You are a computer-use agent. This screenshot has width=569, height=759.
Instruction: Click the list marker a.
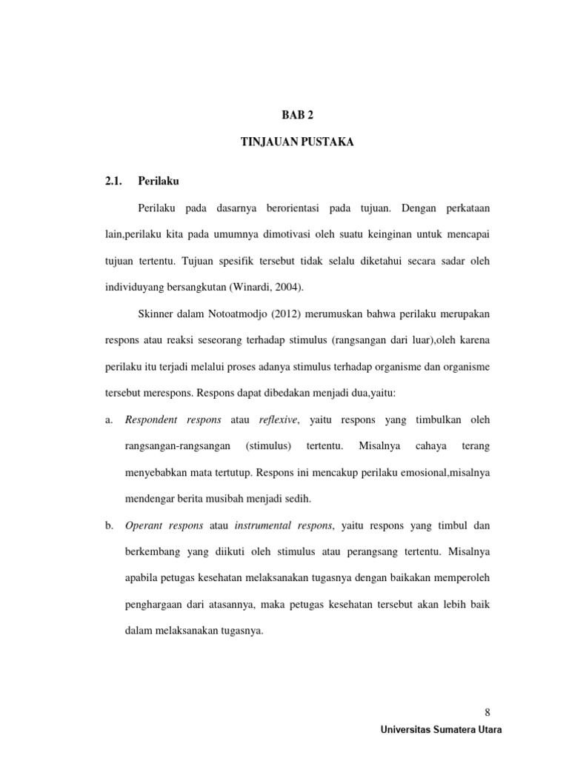click(x=110, y=420)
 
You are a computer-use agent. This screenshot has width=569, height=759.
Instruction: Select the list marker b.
click(x=110, y=526)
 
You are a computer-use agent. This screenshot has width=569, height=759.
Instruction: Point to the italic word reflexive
click(x=278, y=420)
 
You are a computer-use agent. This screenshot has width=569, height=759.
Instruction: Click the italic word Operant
click(x=147, y=526)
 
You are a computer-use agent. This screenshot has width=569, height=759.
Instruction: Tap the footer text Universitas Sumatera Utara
click(x=440, y=730)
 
